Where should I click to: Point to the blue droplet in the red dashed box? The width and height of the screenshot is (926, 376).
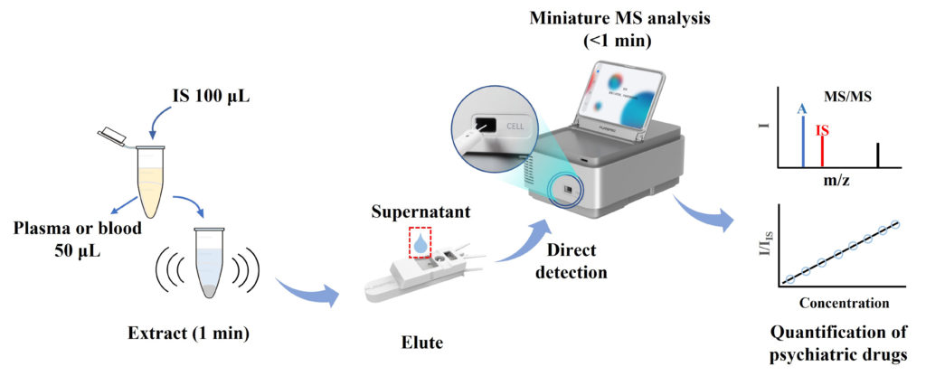tap(419, 244)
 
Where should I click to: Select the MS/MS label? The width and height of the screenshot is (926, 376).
tap(849, 95)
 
